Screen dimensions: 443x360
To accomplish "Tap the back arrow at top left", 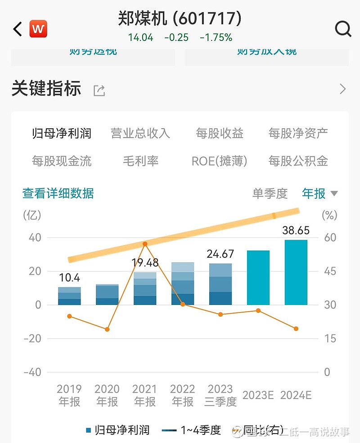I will pyautogui.click(x=18, y=30).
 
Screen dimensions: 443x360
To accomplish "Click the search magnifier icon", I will pyautogui.click(x=343, y=29).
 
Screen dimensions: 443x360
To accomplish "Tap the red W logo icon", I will pyautogui.click(x=38, y=30).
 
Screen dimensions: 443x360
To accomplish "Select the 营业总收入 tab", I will pyautogui.click(x=140, y=133).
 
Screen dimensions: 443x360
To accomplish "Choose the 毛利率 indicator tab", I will pyautogui.click(x=140, y=161).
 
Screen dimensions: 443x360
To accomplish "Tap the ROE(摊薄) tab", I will pyautogui.click(x=219, y=161).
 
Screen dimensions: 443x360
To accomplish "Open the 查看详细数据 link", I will pyautogui.click(x=58, y=193).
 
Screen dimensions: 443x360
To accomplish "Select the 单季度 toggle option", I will pyautogui.click(x=270, y=193).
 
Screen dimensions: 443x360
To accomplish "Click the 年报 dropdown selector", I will pyautogui.click(x=319, y=193).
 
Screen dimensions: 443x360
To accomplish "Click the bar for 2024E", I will pyautogui.click(x=296, y=273).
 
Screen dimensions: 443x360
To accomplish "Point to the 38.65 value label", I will pyautogui.click(x=296, y=231).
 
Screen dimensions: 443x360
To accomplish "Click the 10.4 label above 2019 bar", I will pyautogui.click(x=69, y=278).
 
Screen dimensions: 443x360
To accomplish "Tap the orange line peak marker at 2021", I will pyautogui.click(x=145, y=244).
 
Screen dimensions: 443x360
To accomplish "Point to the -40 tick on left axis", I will pyautogui.click(x=32, y=372).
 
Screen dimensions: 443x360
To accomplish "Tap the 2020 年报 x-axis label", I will pyautogui.click(x=107, y=395).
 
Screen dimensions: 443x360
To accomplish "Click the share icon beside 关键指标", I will pyautogui.click(x=99, y=90).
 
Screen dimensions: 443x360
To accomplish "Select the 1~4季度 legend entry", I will pyautogui.click(x=191, y=430).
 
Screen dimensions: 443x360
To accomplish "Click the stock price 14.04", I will pyautogui.click(x=141, y=37).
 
